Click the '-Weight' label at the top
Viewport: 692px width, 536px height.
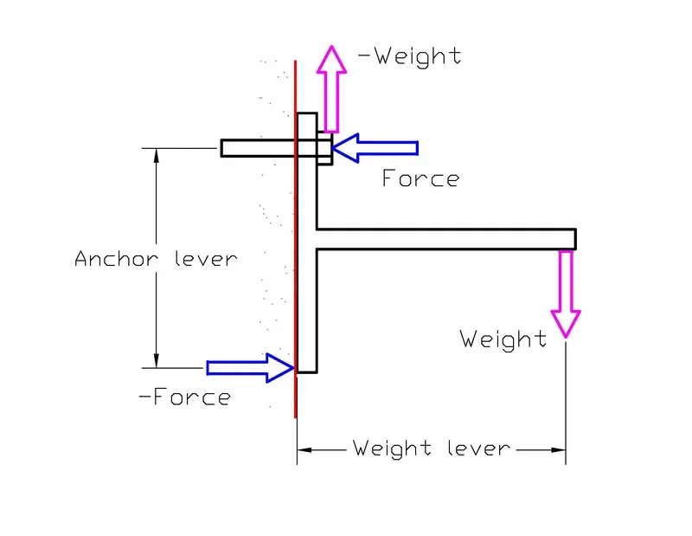(409, 56)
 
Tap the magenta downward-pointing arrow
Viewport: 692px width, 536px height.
(567, 294)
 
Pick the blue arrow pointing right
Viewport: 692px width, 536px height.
(251, 368)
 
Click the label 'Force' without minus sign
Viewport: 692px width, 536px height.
(420, 179)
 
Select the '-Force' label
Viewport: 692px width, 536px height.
(185, 397)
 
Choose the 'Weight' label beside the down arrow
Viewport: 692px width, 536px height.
(503, 339)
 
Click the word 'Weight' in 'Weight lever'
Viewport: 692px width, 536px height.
(391, 449)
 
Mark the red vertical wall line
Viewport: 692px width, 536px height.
(296, 260)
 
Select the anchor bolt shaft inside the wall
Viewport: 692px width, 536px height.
(258, 149)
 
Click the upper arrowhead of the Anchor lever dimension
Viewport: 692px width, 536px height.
(157, 157)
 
